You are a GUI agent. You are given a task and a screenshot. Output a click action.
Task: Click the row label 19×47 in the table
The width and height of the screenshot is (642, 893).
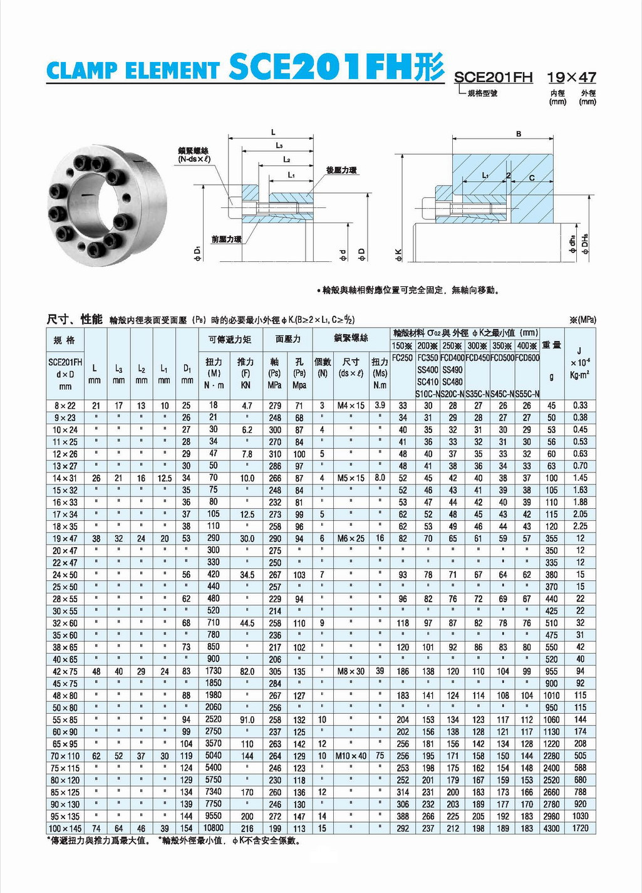point(65,538)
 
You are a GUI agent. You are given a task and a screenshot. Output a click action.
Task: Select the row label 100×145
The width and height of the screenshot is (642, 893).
point(65,828)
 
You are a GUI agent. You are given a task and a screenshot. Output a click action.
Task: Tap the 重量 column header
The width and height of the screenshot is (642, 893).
point(552,345)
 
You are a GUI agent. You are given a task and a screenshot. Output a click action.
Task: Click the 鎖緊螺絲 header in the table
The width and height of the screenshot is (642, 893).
point(351,338)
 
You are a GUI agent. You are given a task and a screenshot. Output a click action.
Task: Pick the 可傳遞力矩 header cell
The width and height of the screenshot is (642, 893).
point(230,338)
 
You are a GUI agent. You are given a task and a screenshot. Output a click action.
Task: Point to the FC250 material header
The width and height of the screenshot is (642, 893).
point(402,358)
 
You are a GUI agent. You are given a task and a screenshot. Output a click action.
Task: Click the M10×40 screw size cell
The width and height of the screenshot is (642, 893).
point(351,756)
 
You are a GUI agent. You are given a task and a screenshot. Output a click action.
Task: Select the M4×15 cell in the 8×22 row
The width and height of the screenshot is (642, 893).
point(351,405)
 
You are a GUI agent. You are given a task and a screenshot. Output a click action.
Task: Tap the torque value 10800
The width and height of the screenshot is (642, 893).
point(214,828)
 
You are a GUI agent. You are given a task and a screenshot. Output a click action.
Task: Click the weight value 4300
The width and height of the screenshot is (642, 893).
point(552,828)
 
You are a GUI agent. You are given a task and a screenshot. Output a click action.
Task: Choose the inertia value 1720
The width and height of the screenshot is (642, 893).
point(580,828)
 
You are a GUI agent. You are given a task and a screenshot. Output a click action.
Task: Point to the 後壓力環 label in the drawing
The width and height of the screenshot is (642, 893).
point(341,170)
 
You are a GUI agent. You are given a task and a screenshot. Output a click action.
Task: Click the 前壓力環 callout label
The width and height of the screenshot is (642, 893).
point(226,239)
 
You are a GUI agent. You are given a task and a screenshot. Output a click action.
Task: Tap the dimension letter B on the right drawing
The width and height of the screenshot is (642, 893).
point(519,133)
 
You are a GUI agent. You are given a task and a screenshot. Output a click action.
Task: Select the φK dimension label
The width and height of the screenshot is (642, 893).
point(399,254)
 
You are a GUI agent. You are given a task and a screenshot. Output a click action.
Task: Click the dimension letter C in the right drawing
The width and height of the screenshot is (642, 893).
point(532,177)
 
